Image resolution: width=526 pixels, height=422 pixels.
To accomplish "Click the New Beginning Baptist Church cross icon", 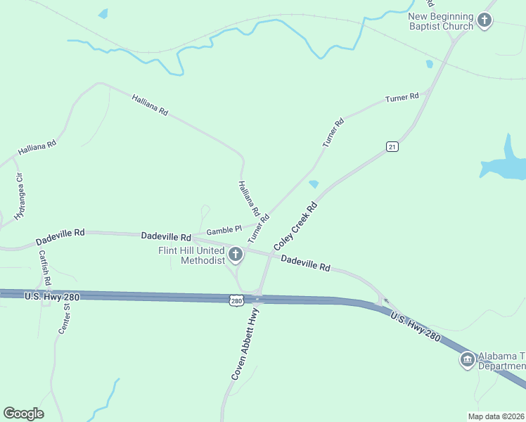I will (485, 20).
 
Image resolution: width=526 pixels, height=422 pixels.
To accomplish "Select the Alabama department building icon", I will (466, 361).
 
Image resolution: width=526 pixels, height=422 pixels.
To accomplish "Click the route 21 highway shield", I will (392, 146).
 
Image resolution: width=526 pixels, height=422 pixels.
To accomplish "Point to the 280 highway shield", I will (236, 300).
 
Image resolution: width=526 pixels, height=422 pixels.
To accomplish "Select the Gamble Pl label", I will (224, 229).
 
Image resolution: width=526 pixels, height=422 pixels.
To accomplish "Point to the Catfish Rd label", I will (45, 268).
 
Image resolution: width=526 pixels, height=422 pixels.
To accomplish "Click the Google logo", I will (23, 413).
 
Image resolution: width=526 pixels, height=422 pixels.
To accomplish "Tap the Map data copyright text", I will (495, 416).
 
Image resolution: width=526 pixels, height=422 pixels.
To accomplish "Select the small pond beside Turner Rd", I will (314, 184).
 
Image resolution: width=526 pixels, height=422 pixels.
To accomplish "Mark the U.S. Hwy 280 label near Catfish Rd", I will (51, 297).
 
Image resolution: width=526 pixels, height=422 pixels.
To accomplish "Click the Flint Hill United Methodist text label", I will (192, 255).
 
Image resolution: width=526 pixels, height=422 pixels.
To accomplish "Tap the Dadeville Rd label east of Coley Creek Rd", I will (305, 263).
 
